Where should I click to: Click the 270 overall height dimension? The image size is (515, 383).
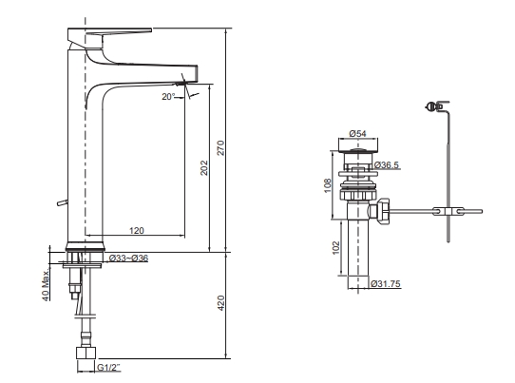pos(221,148)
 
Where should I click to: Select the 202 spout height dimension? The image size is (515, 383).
pos(204,167)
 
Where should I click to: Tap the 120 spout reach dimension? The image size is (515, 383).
pos(136,231)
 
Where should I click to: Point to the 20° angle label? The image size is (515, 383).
pos(168,97)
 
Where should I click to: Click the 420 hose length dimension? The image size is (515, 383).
pos(221,303)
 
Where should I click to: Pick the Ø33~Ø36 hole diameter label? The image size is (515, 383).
pos(128,259)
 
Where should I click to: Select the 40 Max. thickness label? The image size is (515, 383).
pos(46,284)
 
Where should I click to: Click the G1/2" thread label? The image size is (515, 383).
pos(108,367)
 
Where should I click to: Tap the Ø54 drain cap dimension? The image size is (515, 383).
pos(357,133)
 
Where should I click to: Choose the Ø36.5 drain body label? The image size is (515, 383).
pos(386,165)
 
